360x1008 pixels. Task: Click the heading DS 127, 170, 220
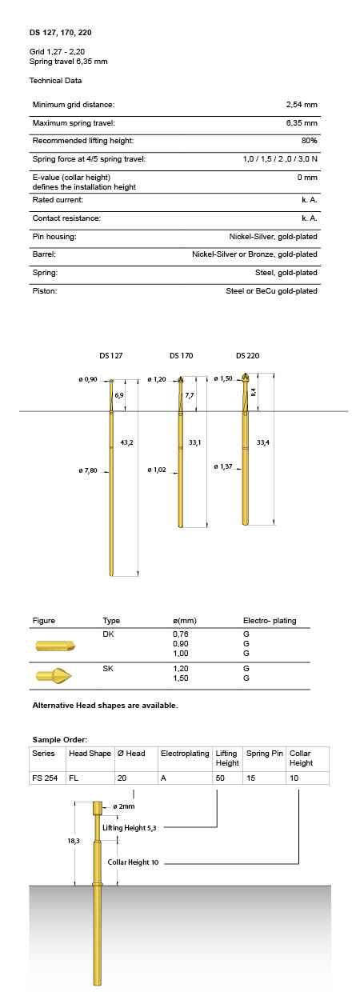[x=60, y=32]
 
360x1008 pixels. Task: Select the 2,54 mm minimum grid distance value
[x=302, y=104]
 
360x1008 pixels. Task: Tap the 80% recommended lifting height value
[x=309, y=141]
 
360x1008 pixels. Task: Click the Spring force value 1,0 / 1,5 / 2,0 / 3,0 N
[x=280, y=159]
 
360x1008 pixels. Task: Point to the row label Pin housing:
[x=54, y=237]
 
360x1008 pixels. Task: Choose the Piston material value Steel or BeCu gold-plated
[x=271, y=291]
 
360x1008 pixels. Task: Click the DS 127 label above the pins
[x=110, y=355]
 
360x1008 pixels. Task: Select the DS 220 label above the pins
[x=247, y=355]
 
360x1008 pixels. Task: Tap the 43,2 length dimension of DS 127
[x=126, y=442]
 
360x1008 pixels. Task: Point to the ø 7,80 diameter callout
[x=88, y=470]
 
